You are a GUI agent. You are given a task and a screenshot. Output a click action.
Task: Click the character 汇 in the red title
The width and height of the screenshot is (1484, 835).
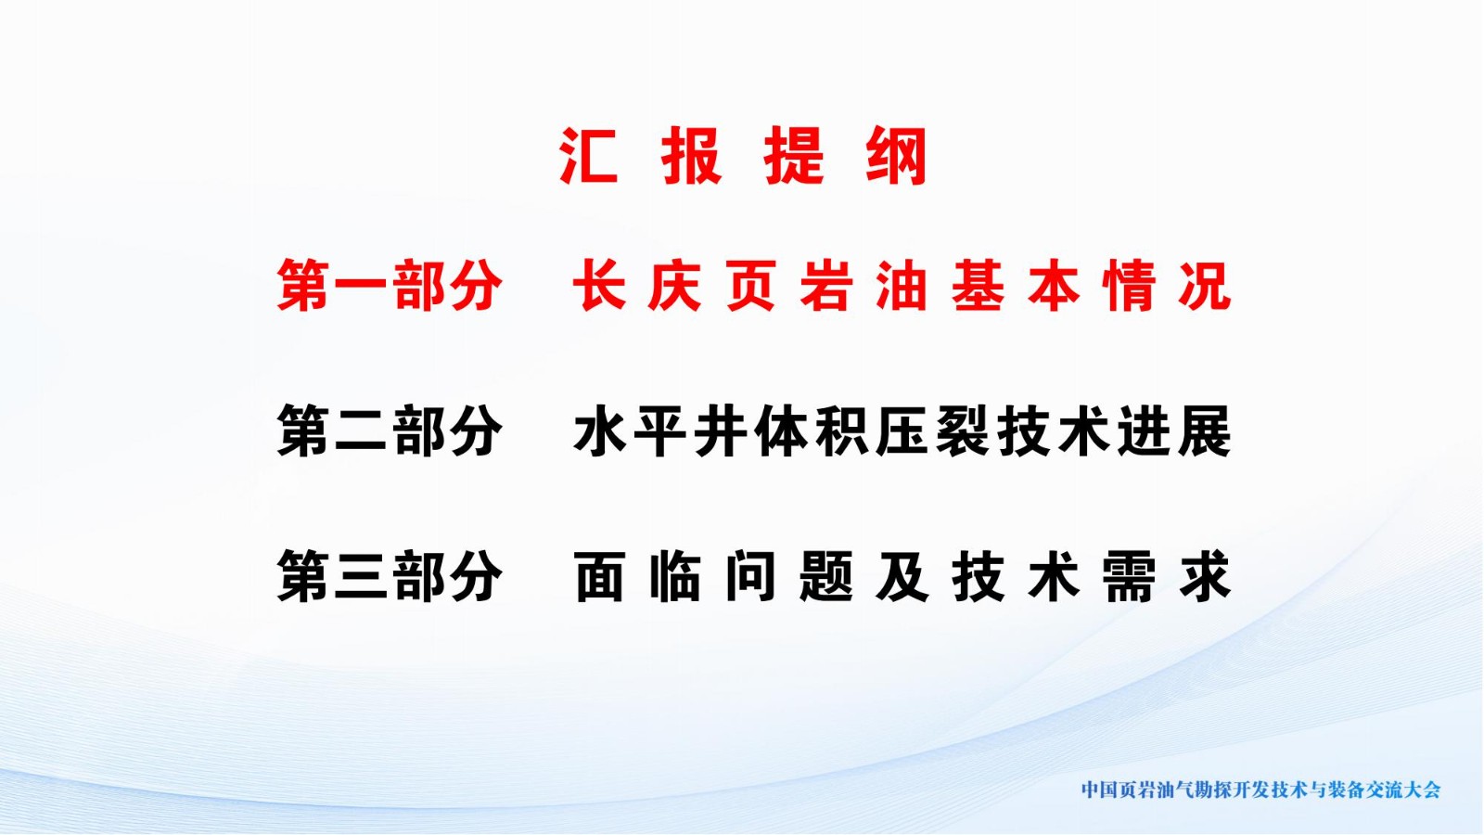[x=588, y=156]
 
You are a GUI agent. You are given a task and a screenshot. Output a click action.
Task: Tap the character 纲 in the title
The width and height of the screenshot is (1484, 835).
[x=896, y=156]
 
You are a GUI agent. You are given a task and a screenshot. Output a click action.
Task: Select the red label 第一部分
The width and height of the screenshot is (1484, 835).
[x=389, y=286]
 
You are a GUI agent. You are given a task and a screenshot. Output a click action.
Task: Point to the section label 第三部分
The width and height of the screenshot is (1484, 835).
[x=389, y=576]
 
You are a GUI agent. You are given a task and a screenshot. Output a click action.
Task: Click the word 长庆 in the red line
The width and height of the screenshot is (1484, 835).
[x=636, y=286]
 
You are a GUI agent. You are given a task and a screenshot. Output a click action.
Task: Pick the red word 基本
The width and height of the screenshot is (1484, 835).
[x=1016, y=286]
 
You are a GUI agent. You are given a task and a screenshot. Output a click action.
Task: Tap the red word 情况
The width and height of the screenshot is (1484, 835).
[x=1168, y=286]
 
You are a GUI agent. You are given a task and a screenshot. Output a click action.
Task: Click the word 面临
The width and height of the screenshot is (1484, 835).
[x=636, y=576]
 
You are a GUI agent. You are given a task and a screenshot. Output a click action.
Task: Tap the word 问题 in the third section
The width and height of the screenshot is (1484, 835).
[x=788, y=576]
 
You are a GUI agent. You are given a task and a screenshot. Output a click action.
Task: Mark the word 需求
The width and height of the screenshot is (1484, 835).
[x=1168, y=576]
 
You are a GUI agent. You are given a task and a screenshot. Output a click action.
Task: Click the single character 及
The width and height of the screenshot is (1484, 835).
[x=902, y=576]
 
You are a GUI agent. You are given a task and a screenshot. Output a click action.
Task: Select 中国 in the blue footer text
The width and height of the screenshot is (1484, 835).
[x=1099, y=790]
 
